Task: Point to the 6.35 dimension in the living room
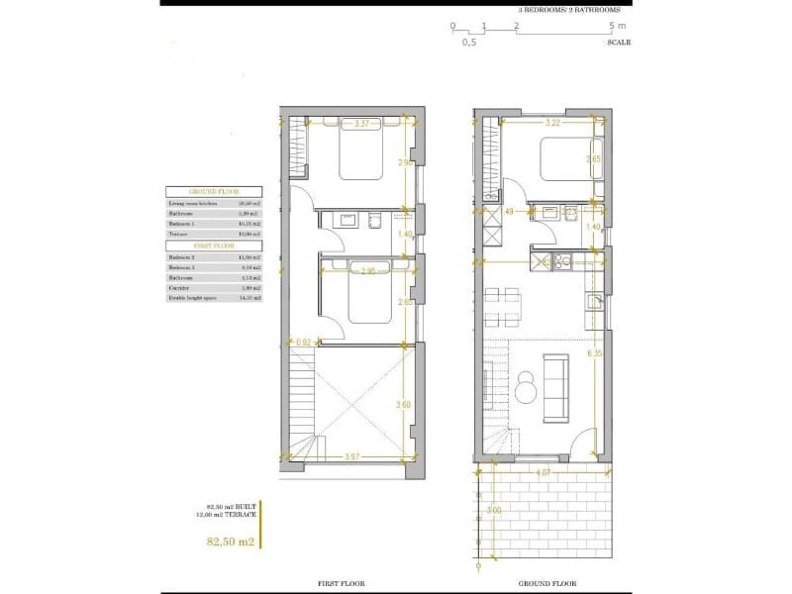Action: click(595, 351)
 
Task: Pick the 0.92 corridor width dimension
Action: click(303, 344)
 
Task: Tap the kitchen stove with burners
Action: click(561, 261)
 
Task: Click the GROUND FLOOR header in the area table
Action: click(214, 192)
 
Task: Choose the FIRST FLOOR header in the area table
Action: click(214, 244)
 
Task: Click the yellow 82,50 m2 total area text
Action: click(230, 542)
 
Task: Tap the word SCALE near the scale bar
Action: click(618, 43)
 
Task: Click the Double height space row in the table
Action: click(214, 297)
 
